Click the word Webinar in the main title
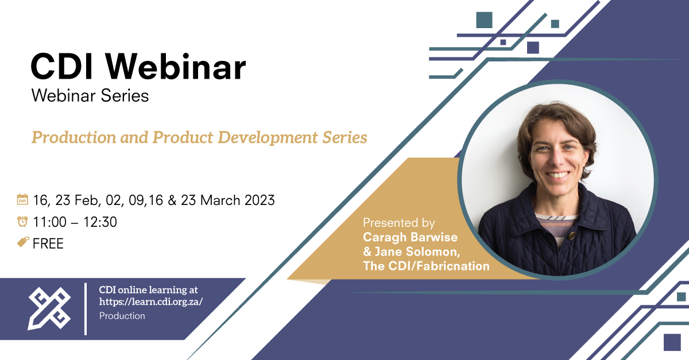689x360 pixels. tap(176, 67)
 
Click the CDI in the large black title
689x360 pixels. tap(61, 67)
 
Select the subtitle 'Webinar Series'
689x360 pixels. tap(90, 95)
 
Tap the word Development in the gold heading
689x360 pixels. tap(268, 138)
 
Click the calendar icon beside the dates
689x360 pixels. tap(22, 199)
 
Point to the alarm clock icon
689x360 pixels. tap(22, 221)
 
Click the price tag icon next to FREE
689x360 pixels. tap(23, 242)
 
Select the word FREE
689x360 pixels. tap(48, 243)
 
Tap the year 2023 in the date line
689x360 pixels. tap(260, 200)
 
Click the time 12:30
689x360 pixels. tap(100, 222)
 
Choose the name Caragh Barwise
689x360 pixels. tap(411, 237)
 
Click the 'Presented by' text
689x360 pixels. tap(399, 223)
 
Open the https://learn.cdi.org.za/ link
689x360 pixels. tap(150, 302)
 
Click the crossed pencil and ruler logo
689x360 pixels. tap(49, 308)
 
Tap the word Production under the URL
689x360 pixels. tap(122, 316)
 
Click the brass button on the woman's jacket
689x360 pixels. tap(572, 235)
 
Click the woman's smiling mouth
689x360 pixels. tap(558, 175)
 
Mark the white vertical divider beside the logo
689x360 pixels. tap(86, 309)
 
